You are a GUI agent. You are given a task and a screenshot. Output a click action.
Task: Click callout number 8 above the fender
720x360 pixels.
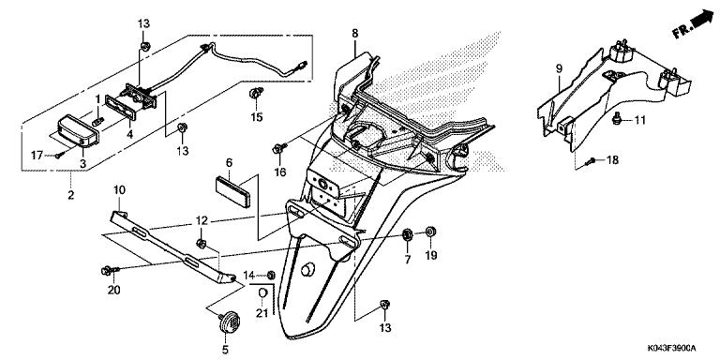coord(355,34)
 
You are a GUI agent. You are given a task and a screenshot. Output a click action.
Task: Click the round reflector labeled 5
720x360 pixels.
coord(227,322)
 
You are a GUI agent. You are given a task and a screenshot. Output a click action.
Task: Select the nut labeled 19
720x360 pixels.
coord(430,232)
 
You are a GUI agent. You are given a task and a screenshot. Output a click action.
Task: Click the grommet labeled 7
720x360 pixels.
coord(408,233)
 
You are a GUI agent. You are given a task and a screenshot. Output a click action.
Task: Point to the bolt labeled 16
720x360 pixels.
coord(278,148)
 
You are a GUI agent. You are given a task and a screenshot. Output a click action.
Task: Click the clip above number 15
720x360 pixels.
coord(254,94)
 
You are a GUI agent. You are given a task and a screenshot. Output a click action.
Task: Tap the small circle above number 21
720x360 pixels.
coord(263,294)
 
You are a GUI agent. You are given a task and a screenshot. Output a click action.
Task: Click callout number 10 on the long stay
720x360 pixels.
coord(119,190)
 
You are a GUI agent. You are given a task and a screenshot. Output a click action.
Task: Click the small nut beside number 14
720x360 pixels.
coord(271,275)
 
